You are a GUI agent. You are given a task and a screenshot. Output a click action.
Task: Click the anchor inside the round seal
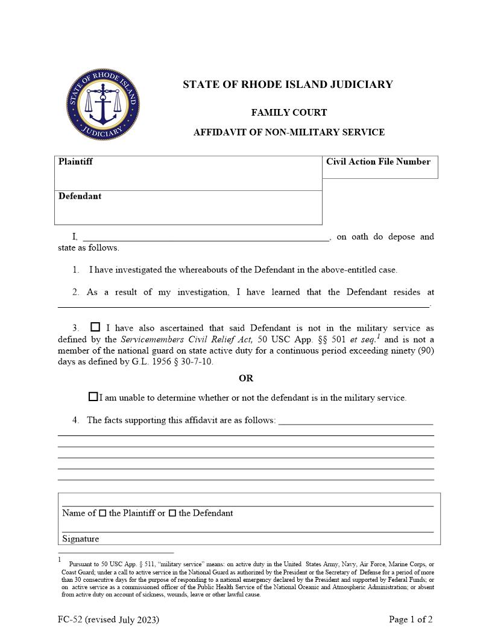[x=104, y=104]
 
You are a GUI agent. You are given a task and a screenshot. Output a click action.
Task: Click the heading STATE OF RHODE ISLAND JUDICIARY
[x=288, y=85]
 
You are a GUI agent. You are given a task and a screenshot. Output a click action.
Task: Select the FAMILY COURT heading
[x=289, y=113]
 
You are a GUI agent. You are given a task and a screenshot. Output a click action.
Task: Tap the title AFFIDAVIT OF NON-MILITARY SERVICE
[x=289, y=132]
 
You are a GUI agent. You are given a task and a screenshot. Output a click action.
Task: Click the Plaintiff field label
[x=75, y=162]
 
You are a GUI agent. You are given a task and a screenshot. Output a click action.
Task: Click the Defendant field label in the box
[x=80, y=196]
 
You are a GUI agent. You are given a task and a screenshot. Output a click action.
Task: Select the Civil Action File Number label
[x=378, y=162]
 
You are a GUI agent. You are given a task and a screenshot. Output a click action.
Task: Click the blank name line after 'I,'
[x=205, y=236]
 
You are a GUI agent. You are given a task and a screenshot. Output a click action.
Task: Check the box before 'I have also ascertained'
[x=95, y=327]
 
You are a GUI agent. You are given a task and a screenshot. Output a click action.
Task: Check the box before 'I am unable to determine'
[x=93, y=397]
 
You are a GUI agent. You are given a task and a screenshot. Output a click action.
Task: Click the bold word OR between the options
[x=246, y=379]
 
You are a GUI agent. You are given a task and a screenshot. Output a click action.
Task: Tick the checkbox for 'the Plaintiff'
[x=102, y=513]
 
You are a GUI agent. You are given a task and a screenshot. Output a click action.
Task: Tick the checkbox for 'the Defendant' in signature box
[x=172, y=513]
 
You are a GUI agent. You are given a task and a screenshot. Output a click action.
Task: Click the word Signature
[x=80, y=538]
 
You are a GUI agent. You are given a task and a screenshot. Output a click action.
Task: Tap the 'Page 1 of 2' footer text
[x=411, y=619]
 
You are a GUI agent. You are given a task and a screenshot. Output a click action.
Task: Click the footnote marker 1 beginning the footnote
[x=60, y=560]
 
